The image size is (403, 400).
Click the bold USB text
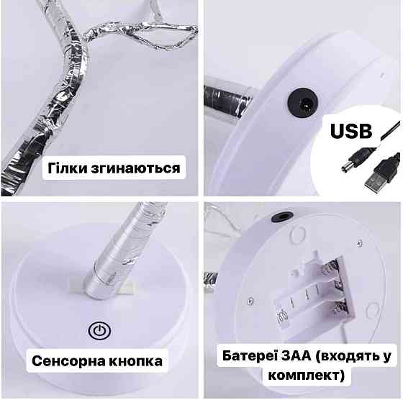pyautogui.click(x=351, y=131)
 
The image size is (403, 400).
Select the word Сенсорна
pyautogui.click(x=68, y=361)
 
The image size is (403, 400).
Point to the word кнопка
pyautogui.click(x=136, y=361)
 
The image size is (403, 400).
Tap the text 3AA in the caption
pyautogui.click(x=296, y=356)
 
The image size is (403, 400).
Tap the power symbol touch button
pyautogui.click(x=99, y=330)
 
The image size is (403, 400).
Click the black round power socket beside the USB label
pyautogui.click(x=303, y=103)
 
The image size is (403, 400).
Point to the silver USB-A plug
pyautogui.click(x=375, y=181)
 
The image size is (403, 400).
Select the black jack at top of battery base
pyautogui.click(x=283, y=217)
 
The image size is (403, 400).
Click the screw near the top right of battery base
pyautogui.click(x=360, y=242)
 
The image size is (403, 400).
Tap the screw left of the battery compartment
pyautogui.click(x=250, y=300)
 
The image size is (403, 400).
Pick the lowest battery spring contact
pyautogui.click(x=340, y=307)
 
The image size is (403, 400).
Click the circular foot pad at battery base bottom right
pyautogui.click(x=373, y=311)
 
